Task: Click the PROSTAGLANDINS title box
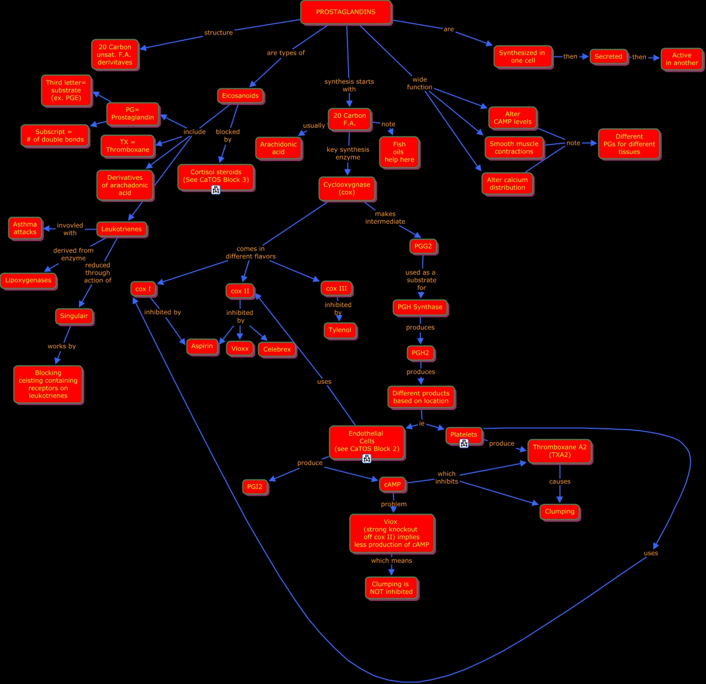click(345, 12)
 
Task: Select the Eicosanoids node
click(240, 96)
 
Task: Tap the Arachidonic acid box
click(279, 148)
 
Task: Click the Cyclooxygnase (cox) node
click(346, 188)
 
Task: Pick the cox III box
click(337, 289)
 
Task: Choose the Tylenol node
click(340, 330)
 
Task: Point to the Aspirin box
click(202, 346)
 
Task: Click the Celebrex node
click(277, 349)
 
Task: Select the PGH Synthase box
click(420, 307)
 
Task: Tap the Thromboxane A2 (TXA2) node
click(560, 451)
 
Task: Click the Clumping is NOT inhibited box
click(391, 588)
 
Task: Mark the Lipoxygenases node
click(28, 280)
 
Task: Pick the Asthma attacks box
click(25, 228)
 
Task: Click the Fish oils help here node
click(399, 152)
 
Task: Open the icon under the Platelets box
click(464, 443)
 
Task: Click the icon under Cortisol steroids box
click(216, 190)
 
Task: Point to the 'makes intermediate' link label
click(385, 218)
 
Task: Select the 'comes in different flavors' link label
click(251, 253)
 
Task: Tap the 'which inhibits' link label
click(446, 477)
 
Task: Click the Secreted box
click(608, 56)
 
